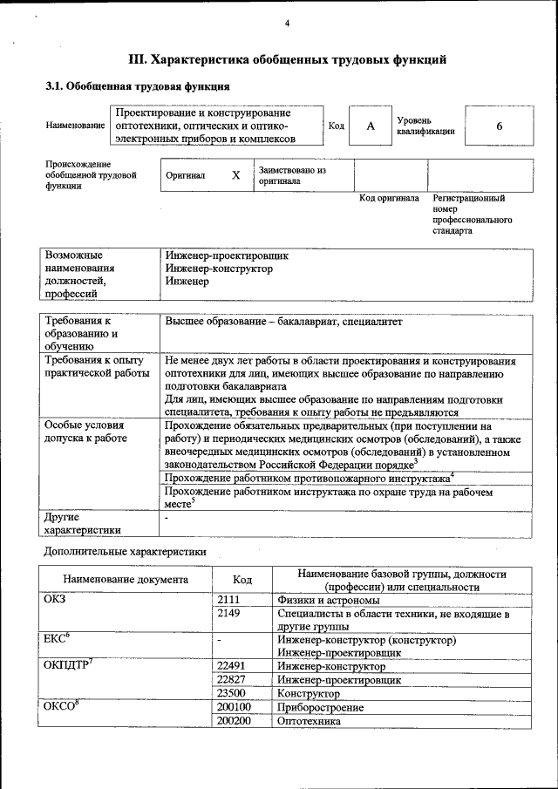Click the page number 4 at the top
click(x=286, y=23)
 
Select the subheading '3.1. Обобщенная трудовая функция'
click(x=138, y=87)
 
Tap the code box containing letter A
click(x=370, y=126)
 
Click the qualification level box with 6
click(x=499, y=126)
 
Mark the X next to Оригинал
click(x=235, y=174)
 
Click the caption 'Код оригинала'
click(x=390, y=199)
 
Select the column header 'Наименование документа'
click(x=126, y=580)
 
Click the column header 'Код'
click(x=243, y=580)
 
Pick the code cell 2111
click(x=228, y=600)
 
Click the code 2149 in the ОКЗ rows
click(x=228, y=614)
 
